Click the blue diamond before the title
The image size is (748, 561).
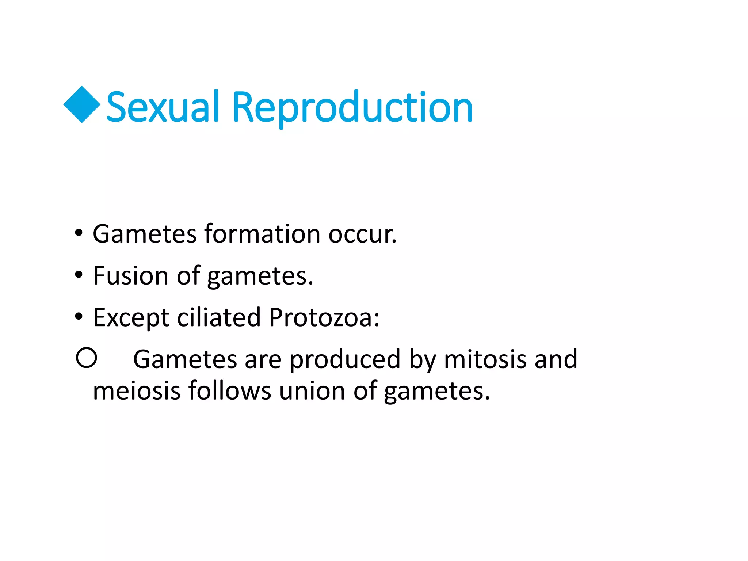tap(82, 105)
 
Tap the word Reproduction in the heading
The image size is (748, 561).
tap(352, 108)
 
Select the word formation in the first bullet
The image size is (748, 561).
tap(262, 234)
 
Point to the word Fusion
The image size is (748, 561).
tap(130, 276)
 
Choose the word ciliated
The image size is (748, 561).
tap(219, 317)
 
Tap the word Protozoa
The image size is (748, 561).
tap(324, 317)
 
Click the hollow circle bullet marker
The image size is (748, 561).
tap(87, 358)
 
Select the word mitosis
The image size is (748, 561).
tap(485, 359)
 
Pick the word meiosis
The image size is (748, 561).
tap(137, 391)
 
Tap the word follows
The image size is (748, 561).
tap(230, 391)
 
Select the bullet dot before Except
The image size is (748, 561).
tap(79, 317)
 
